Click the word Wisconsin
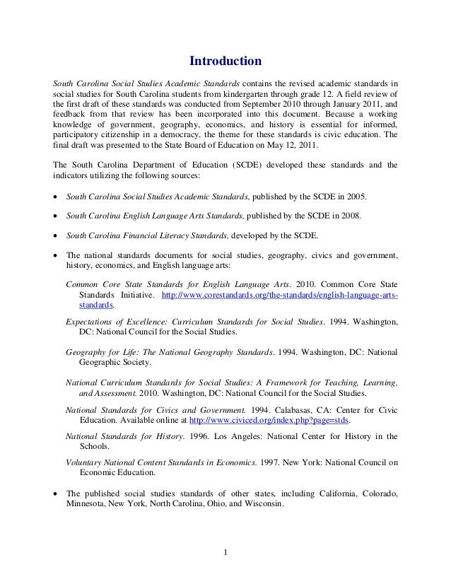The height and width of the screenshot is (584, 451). coord(261,506)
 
